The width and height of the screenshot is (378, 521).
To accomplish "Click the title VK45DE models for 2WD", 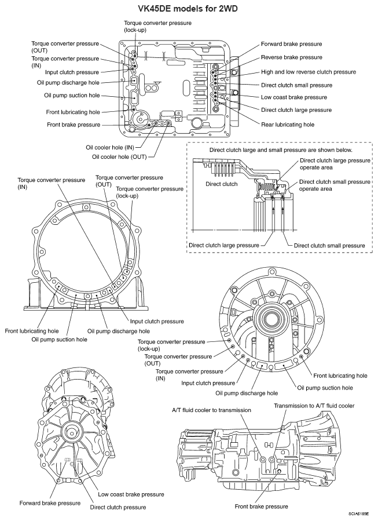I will pyautogui.click(x=189, y=8).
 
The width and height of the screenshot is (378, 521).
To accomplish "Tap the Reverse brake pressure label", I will pyautogui.click(x=291, y=57).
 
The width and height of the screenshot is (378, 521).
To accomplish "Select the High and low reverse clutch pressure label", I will pyautogui.click(x=309, y=72).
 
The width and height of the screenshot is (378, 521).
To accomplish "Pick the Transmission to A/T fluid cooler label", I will pyautogui.click(x=314, y=406).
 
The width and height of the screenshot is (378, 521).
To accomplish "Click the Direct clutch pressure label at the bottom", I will pyautogui.click(x=118, y=507).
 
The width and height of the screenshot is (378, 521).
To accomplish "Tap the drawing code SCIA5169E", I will pyautogui.click(x=359, y=514).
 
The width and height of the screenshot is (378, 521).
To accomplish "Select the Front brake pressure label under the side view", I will pyautogui.click(x=262, y=507).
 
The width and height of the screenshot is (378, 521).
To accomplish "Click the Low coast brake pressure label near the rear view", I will pyautogui.click(x=131, y=494).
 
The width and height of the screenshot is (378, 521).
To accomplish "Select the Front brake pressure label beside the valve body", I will pyautogui.click(x=74, y=125).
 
